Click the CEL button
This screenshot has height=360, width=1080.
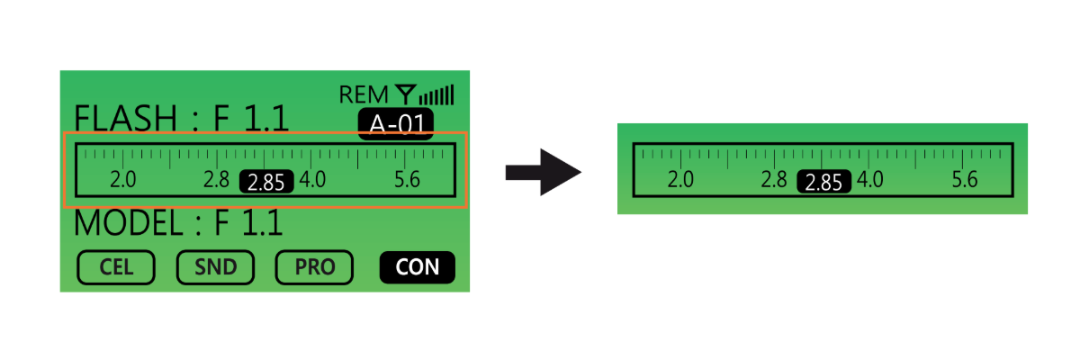(116, 266)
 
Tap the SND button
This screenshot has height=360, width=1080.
(215, 266)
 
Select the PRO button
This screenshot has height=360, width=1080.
(314, 266)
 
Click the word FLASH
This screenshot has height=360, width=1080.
(125, 118)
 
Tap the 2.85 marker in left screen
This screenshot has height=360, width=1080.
(266, 182)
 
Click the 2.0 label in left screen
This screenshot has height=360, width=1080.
(122, 180)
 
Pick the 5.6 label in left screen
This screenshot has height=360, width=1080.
(408, 180)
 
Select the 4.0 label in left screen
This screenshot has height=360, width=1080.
(313, 180)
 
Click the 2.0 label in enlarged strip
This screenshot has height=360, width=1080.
(680, 180)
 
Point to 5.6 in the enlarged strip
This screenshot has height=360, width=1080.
(965, 180)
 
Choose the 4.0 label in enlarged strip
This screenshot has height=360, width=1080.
(870, 180)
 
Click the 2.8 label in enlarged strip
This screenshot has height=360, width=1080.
(774, 180)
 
